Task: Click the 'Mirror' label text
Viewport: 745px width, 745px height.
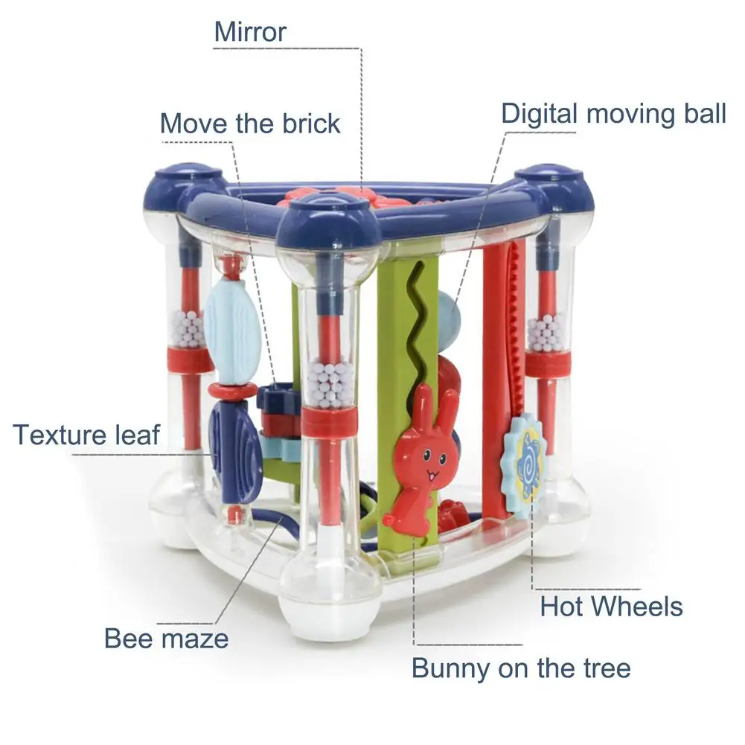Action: [x=250, y=33]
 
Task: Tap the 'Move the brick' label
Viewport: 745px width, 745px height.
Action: [x=250, y=123]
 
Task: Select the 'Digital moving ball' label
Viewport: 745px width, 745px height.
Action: [x=613, y=114]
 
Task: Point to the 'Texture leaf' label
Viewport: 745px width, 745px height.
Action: [x=86, y=434]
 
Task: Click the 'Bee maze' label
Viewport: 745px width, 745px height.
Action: [x=165, y=638]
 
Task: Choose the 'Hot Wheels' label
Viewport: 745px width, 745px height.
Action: [x=611, y=606]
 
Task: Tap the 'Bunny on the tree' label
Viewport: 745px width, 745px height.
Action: [x=521, y=668]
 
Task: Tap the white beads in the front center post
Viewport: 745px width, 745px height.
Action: [x=328, y=383]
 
